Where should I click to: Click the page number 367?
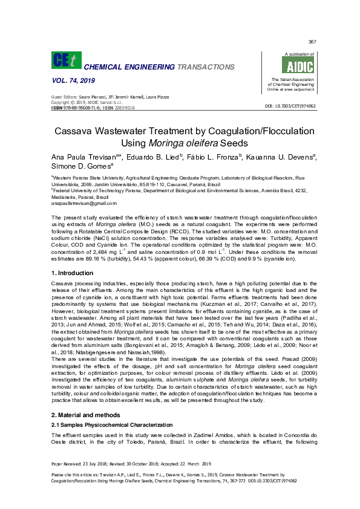[312, 42]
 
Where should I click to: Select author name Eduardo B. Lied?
[153, 157]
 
